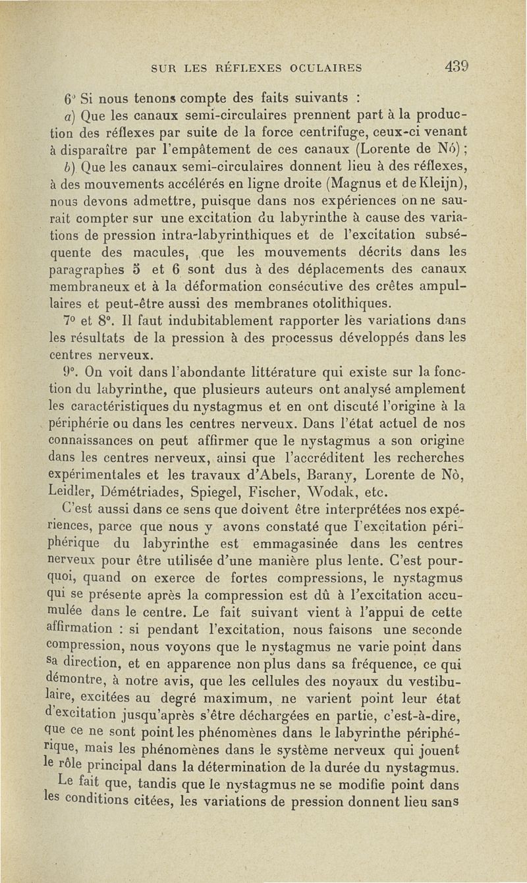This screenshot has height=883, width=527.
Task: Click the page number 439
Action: (455, 67)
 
